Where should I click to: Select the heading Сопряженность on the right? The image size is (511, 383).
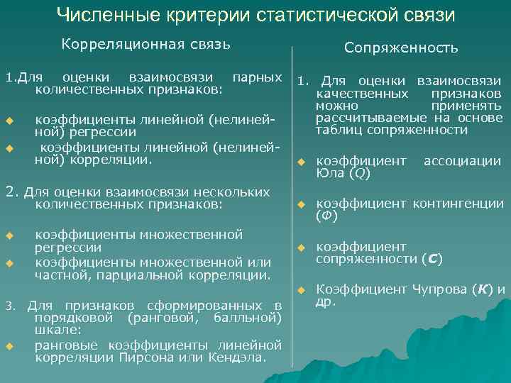[x=401, y=48]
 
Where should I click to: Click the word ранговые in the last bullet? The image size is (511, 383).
[x=65, y=345]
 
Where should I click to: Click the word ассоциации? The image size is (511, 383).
[x=463, y=161]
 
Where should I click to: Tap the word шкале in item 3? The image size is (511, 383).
[x=50, y=330]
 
